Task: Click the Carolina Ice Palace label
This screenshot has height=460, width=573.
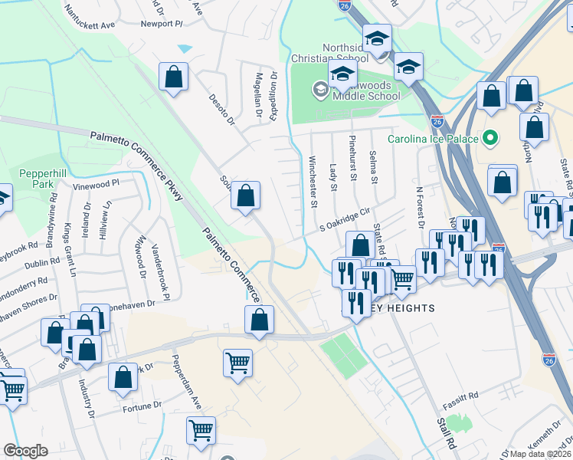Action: click(x=433, y=139)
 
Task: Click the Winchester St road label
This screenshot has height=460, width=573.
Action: click(x=313, y=182)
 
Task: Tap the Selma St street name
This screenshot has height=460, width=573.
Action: click(x=375, y=167)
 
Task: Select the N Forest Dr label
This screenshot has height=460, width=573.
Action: click(x=420, y=206)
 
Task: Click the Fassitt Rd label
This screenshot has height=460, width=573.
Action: click(x=463, y=395)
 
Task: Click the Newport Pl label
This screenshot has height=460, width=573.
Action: click(x=162, y=24)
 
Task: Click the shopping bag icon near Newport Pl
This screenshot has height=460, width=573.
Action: click(x=174, y=77)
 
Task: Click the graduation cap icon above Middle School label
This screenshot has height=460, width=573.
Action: click(x=342, y=74)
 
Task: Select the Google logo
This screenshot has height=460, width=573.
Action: click(x=25, y=451)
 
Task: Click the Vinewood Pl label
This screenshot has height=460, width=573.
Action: click(x=97, y=185)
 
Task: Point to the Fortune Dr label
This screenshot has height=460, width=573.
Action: click(x=146, y=404)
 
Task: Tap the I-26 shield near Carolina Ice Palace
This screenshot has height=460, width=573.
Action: click(x=437, y=121)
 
